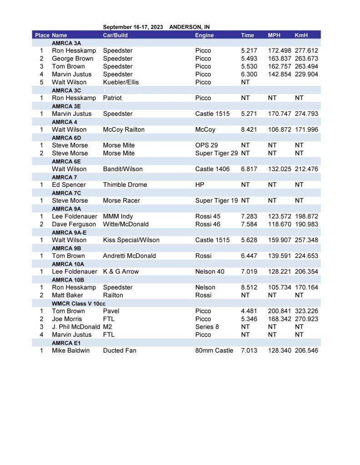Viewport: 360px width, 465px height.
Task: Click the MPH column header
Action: pyautogui.click(x=275, y=35)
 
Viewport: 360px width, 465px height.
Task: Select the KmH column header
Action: pyautogui.click(x=301, y=35)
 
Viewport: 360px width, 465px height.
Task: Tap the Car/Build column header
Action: pyautogui.click(x=115, y=35)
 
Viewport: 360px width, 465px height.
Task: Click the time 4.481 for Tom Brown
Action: pyautogui.click(x=249, y=311)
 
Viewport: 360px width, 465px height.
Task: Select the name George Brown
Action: pyautogui.click(x=72, y=59)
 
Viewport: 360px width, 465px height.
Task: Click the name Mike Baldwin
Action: pyautogui.click(x=72, y=351)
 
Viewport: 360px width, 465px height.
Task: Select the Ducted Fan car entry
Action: pyautogui.click(x=120, y=351)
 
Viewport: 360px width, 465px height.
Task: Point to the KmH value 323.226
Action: pyautogui.click(x=306, y=311)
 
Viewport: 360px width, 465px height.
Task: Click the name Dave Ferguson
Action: pyautogui.click(x=74, y=224)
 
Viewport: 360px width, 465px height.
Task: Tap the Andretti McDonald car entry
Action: pyautogui.click(x=129, y=256)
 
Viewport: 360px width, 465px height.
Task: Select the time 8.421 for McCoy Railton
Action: pyautogui.click(x=249, y=129)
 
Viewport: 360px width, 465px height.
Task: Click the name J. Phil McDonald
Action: pyautogui.click(x=76, y=327)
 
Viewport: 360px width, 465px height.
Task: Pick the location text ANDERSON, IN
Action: pyautogui.click(x=190, y=27)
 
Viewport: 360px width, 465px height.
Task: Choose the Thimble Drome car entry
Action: pyautogui.click(x=125, y=185)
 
